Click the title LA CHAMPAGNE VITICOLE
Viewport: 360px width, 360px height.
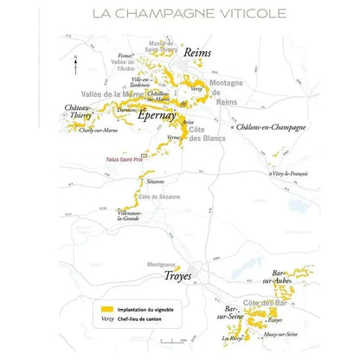180,15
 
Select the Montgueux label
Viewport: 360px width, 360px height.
162,263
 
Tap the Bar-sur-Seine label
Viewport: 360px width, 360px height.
231,311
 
